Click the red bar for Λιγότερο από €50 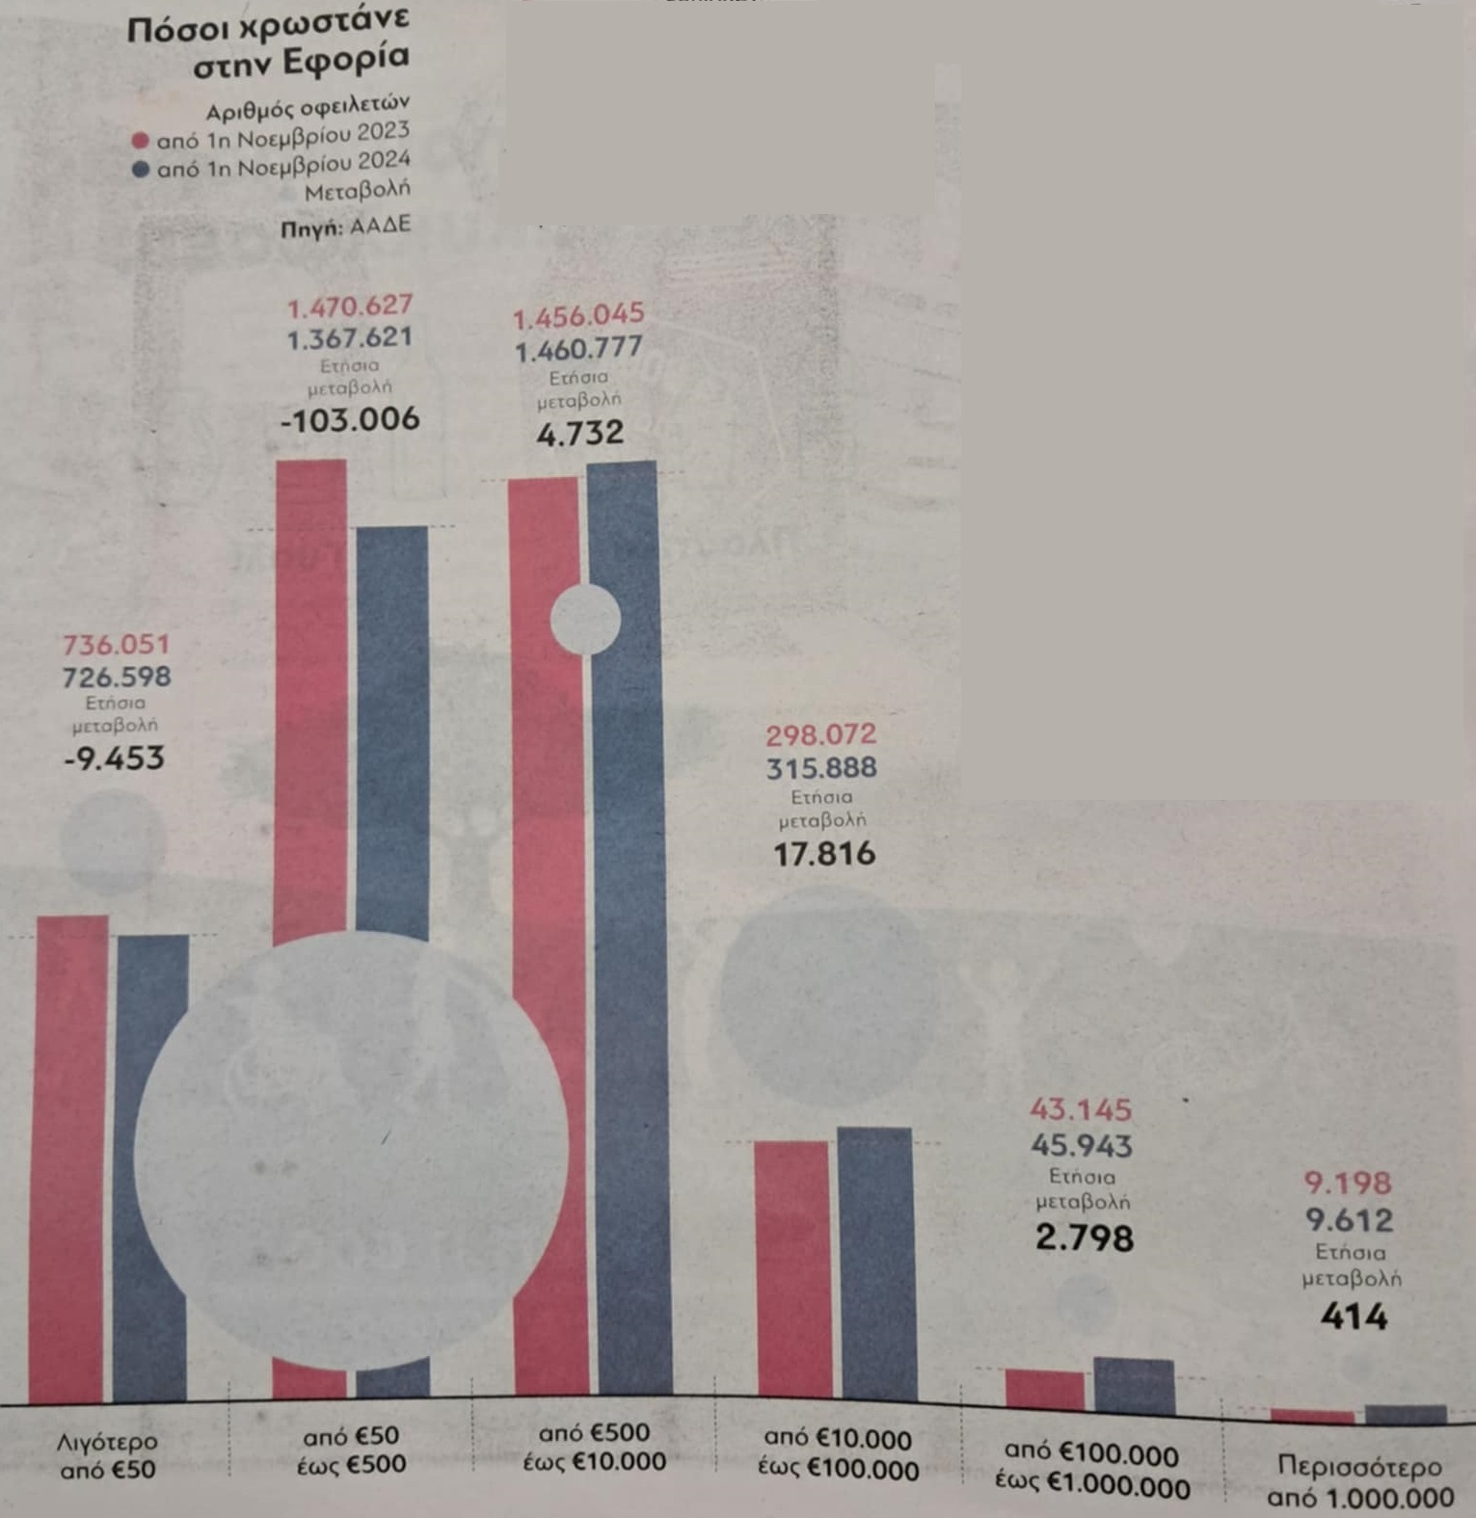pyautogui.click(x=69, y=1157)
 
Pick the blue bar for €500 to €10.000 pyautogui.click(x=629, y=925)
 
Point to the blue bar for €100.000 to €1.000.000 pyautogui.click(x=1135, y=1385)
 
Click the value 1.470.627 pyautogui.click(x=350, y=306)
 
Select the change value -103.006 pyautogui.click(x=350, y=420)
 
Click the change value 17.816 pyautogui.click(x=824, y=853)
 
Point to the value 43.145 pyautogui.click(x=1081, y=1110)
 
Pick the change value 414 pyautogui.click(x=1354, y=1317)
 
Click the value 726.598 pyautogui.click(x=117, y=677)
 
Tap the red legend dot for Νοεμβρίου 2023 pyautogui.click(x=141, y=141)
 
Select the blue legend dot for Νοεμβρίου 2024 pyautogui.click(x=141, y=171)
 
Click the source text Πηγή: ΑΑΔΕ pyautogui.click(x=346, y=227)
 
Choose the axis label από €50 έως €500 pyautogui.click(x=350, y=1451)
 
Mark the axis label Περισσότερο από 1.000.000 pyautogui.click(x=1359, y=1481)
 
